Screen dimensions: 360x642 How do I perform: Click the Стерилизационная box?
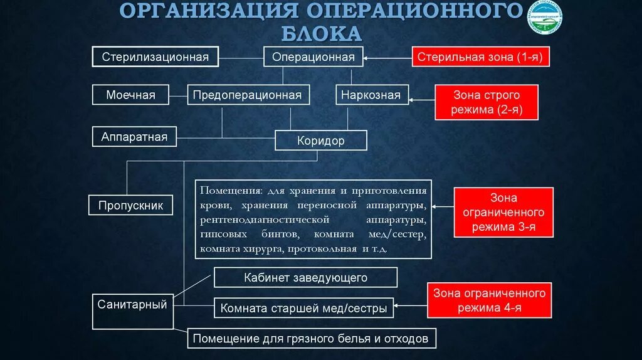pyautogui.click(x=155, y=57)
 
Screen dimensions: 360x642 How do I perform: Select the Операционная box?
pyautogui.click(x=313, y=57)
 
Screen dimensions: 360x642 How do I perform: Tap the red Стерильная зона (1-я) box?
pyautogui.click(x=481, y=57)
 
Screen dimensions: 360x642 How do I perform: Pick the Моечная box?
pyautogui.click(x=130, y=95)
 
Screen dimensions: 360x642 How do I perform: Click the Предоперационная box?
pyautogui.click(x=247, y=95)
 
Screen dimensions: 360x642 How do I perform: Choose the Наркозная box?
pyautogui.click(x=371, y=95)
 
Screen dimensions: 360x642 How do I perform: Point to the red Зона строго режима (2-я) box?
pyautogui.click(x=487, y=103)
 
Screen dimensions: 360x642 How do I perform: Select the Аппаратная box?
pyautogui.click(x=134, y=136)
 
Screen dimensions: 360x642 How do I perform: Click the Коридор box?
pyautogui.click(x=320, y=140)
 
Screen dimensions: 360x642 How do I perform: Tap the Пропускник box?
pyautogui.click(x=130, y=205)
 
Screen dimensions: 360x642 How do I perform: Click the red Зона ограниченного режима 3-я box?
pyautogui.click(x=504, y=212)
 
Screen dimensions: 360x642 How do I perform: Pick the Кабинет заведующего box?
pyautogui.click(x=305, y=277)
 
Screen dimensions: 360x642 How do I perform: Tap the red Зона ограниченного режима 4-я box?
pyautogui.click(x=489, y=300)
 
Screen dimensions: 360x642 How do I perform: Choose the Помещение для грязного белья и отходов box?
pyautogui.click(x=311, y=339)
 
